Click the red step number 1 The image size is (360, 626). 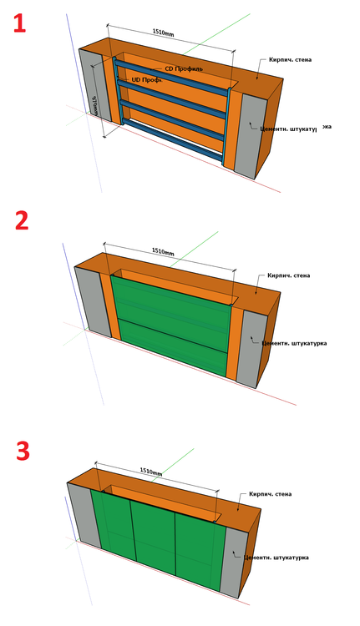(18, 22)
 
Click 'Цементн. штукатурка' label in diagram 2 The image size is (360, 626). (294, 342)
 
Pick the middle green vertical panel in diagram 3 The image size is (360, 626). (152, 543)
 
